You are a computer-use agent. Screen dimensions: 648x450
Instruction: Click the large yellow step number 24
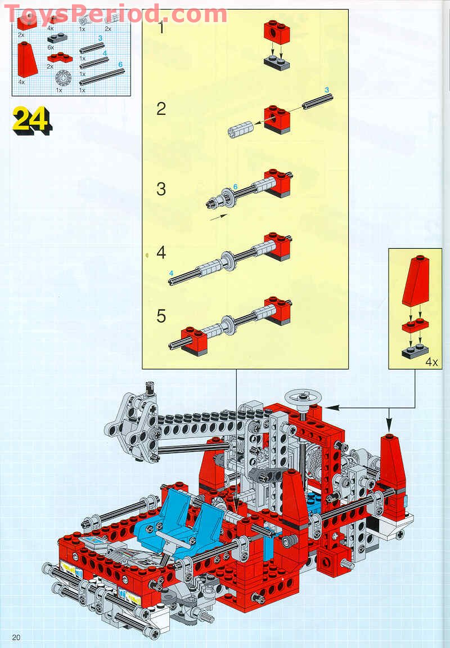tap(31, 119)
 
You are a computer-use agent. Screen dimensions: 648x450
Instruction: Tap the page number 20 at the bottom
tap(16, 637)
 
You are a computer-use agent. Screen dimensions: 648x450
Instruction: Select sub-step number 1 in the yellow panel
tap(161, 27)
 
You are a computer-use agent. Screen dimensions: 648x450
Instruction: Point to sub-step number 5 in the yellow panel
tap(161, 316)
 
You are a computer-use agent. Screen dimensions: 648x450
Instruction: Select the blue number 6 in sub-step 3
tap(236, 186)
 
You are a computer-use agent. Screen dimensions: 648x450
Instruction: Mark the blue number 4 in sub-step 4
tap(172, 273)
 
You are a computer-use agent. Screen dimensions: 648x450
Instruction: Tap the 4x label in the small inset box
tap(431, 362)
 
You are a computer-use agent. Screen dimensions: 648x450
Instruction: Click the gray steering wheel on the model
tap(302, 399)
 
